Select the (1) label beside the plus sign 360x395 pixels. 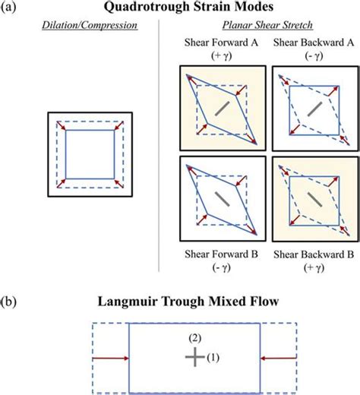(214, 356)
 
